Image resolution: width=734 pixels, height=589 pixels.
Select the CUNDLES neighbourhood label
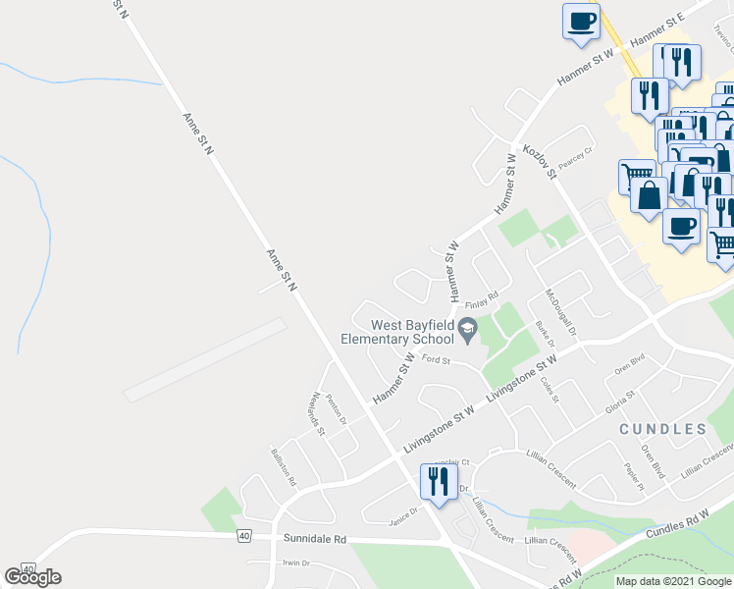[x=662, y=429]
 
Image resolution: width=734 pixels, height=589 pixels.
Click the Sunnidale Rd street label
[x=315, y=539]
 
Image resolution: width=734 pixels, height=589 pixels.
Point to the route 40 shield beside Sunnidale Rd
[x=243, y=535]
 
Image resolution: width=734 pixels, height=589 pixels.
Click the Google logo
[x=33, y=577]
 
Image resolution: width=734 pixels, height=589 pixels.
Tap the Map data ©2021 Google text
[x=673, y=581]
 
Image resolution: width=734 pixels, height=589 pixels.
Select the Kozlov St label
[x=540, y=160]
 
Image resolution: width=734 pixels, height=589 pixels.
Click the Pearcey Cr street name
[x=576, y=155]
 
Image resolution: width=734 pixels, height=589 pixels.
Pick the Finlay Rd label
[x=482, y=295]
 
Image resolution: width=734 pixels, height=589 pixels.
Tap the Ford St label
[x=435, y=360]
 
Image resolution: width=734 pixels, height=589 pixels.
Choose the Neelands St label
[x=316, y=413]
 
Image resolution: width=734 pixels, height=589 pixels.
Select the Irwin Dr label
[x=295, y=563]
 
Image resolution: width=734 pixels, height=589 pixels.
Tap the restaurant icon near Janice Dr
[x=438, y=481]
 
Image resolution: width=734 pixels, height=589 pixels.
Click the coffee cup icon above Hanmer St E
[x=581, y=21]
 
